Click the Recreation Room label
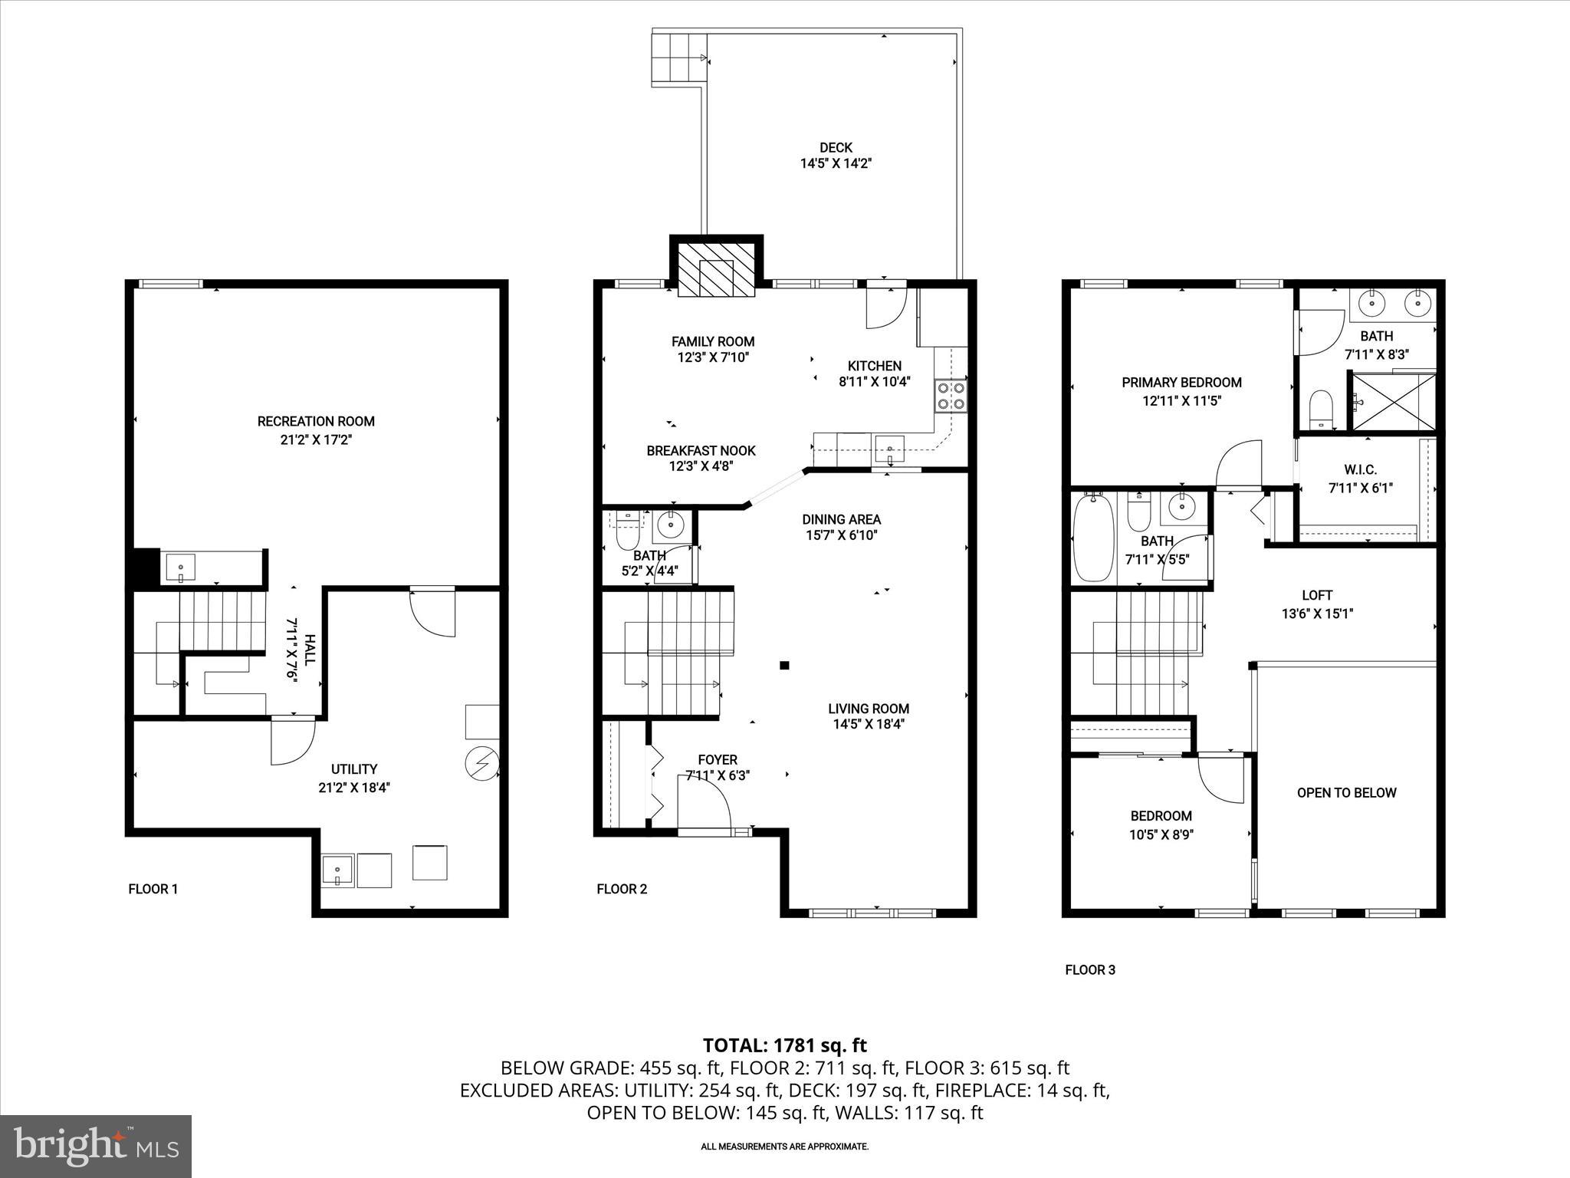click(316, 421)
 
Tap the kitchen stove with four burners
click(951, 396)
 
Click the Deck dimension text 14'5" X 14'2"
click(836, 163)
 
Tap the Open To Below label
click(1346, 793)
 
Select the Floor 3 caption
click(1089, 970)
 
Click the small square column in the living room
click(784, 666)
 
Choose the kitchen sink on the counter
click(889, 448)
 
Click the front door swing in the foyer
click(703, 801)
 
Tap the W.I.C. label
click(1360, 469)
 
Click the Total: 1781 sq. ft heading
click(784, 1045)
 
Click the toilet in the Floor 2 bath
click(628, 529)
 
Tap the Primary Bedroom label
click(1181, 382)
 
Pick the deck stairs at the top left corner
click(678, 58)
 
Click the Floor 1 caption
click(153, 890)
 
